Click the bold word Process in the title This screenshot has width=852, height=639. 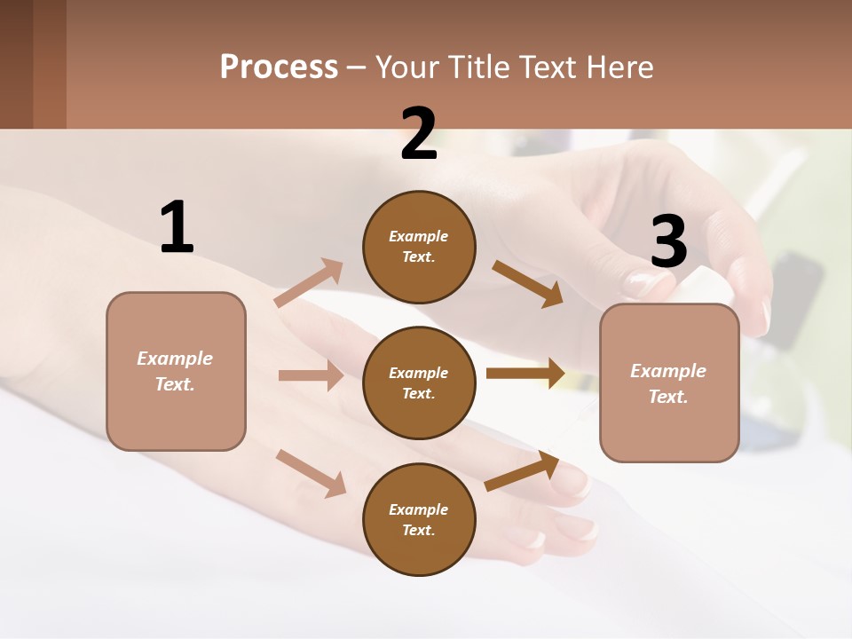(279, 67)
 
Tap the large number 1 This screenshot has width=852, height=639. (177, 227)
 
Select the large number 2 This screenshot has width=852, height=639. (419, 134)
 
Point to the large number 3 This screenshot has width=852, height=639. (668, 242)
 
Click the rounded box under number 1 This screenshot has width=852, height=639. (176, 371)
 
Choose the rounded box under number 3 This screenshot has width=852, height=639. (669, 383)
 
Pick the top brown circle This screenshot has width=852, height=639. (419, 247)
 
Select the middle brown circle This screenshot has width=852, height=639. (419, 383)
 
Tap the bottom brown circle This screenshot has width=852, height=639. (419, 519)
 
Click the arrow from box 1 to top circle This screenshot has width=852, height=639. (309, 283)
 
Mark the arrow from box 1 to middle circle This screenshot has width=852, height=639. (311, 375)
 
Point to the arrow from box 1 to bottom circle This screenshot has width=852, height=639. (311, 473)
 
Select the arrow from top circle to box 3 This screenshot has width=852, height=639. (527, 284)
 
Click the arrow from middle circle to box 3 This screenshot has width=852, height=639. (525, 373)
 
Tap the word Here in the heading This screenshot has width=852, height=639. (620, 67)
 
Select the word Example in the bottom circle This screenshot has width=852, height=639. (418, 509)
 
